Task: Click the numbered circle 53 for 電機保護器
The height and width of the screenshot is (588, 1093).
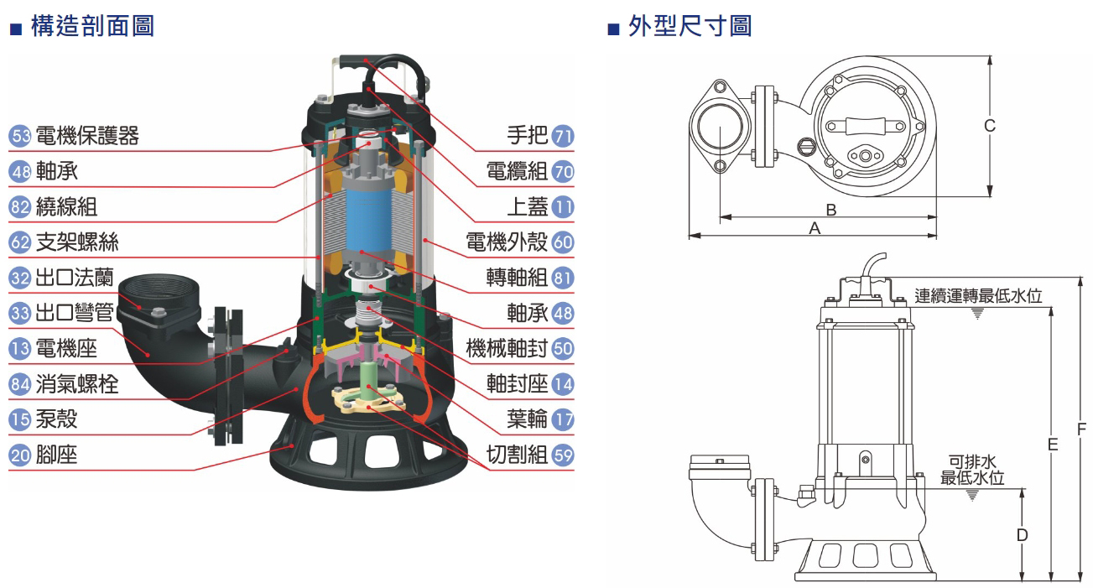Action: [20, 136]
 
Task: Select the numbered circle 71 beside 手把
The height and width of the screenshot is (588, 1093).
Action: [564, 136]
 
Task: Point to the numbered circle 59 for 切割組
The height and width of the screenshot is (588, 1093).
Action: [564, 455]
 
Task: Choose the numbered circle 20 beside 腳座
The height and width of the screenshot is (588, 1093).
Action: [20, 455]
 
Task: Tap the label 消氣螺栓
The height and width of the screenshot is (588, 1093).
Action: [77, 383]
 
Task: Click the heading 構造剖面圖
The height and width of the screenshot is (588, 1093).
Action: [92, 26]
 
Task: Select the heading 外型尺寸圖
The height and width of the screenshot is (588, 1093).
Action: [690, 26]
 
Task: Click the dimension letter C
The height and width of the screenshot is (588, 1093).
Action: [990, 126]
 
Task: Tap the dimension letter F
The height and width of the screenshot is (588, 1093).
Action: [1081, 429]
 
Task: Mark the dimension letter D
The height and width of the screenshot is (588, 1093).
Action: [1022, 534]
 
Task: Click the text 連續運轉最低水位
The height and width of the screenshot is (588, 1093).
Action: [978, 296]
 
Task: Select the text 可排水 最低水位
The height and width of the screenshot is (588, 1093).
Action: [972, 470]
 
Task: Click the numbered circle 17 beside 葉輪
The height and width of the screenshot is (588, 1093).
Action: [564, 419]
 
